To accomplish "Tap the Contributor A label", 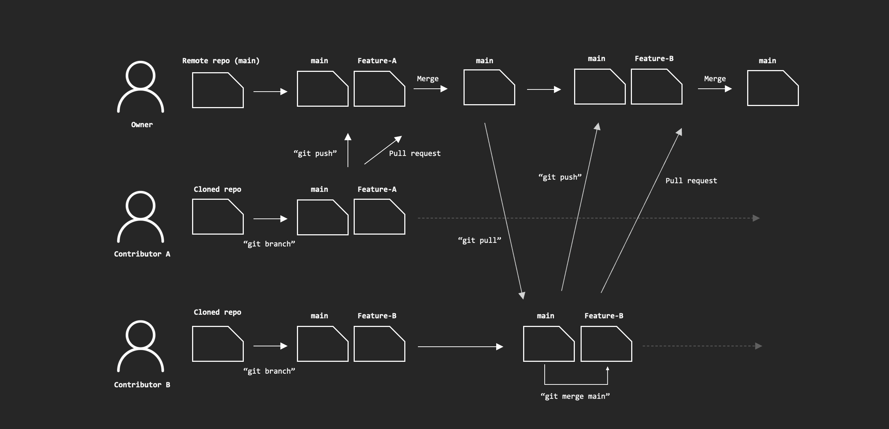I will point(142,254).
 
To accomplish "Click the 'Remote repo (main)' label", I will point(221,61).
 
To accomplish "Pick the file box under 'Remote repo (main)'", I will point(218,90).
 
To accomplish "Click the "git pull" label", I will point(479,240).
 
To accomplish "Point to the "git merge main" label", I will point(575,396).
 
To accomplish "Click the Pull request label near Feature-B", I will point(691,181).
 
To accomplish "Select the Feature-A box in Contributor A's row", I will point(380,217).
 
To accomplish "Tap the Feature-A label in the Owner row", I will point(377,61).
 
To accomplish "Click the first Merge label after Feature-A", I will point(428,79).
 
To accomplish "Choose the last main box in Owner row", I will point(773,88).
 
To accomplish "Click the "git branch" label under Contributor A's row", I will point(269,244).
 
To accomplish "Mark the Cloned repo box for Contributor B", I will point(218,344).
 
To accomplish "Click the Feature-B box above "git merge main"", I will point(606,344).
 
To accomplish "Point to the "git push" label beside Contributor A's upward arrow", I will point(315,153).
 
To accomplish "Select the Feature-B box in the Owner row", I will point(656,87).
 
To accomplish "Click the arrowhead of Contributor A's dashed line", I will point(756,218).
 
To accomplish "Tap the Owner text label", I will point(142,125).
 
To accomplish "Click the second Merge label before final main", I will point(715,79).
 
